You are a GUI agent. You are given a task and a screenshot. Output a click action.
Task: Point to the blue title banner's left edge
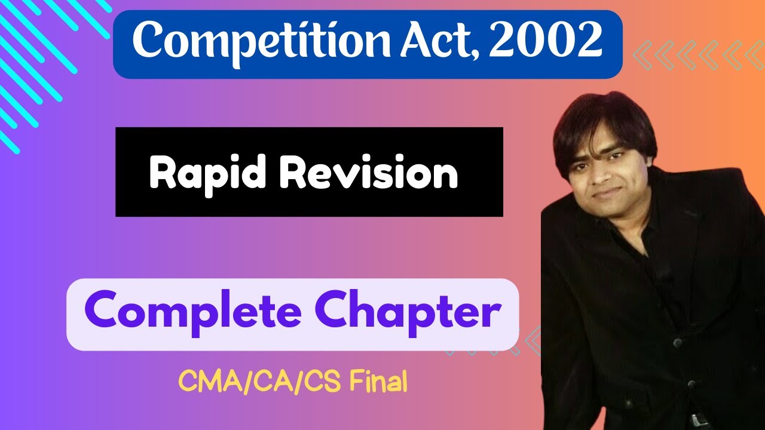[x=114, y=44]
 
